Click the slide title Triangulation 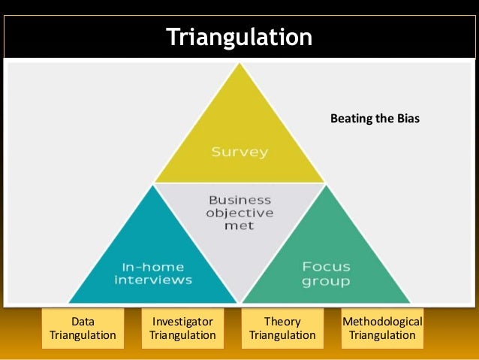tap(239, 37)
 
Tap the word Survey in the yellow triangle tap(239, 152)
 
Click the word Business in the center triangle tap(239, 200)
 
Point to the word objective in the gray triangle tap(239, 213)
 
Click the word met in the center tap(239, 225)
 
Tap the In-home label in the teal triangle tap(153, 267)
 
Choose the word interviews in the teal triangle tap(153, 280)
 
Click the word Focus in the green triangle tap(326, 267)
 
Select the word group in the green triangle tap(326, 281)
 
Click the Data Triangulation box tap(83, 328)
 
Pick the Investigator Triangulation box tap(182, 328)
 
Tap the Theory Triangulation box tap(282, 328)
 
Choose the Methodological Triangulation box tap(382, 328)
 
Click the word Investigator tap(182, 322)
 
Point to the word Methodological tap(382, 322)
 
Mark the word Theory tap(282, 322)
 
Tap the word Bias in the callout tap(405, 119)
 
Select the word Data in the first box tap(83, 322)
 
